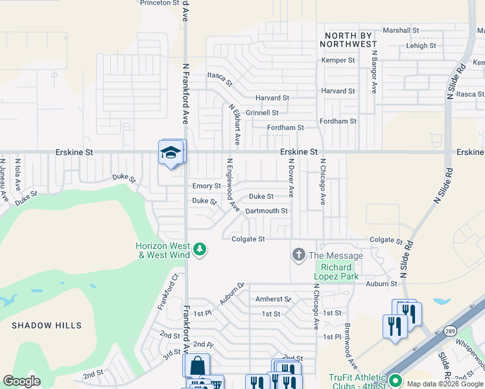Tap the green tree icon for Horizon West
coord(200,249)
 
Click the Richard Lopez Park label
coord(337,272)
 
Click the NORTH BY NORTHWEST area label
coord(348,39)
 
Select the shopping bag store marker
coord(196,366)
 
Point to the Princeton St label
coord(160,3)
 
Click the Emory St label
coord(207,186)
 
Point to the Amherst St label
coord(272,299)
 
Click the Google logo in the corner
coord(22,381)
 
